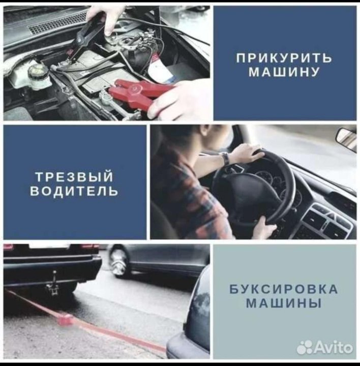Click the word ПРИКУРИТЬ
coord(284,57)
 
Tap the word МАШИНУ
coord(284,72)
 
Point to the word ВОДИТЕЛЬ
coord(74,191)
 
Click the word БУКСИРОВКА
coord(284,289)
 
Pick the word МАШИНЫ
coord(284,303)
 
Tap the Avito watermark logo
coord(324,348)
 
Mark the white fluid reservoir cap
coord(36,70)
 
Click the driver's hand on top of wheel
coord(249,153)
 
